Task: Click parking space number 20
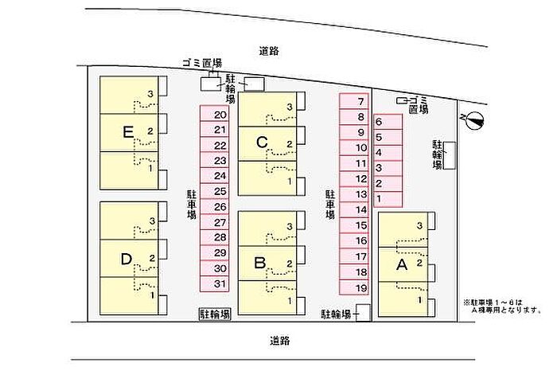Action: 214,114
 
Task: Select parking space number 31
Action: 214,284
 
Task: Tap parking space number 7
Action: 354,101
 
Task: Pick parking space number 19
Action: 354,287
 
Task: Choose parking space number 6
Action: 388,122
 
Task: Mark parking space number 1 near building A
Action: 388,199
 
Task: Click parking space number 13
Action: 354,194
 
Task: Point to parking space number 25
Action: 214,191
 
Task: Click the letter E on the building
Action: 128,132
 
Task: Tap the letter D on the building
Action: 127,260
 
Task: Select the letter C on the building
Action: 262,143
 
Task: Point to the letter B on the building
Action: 260,263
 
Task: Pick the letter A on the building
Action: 402,265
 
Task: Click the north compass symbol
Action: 474,120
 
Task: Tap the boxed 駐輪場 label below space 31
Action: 215,314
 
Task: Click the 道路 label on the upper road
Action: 269,52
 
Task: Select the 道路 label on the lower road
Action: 280,342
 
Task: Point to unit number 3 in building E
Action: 150,94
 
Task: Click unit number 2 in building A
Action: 419,264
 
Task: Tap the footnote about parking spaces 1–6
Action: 503,307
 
